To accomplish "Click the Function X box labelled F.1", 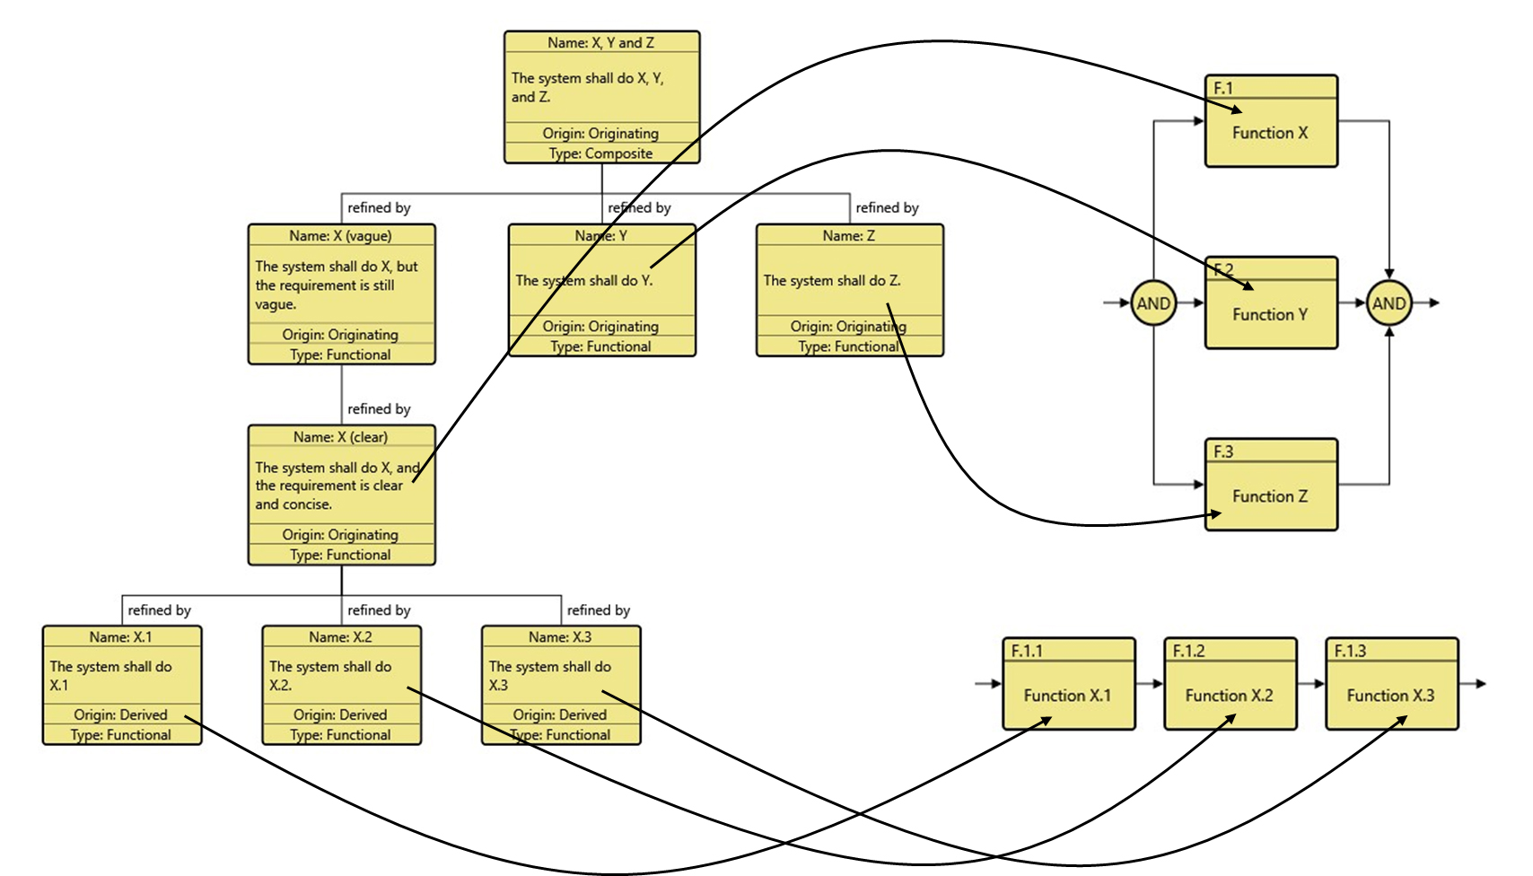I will [x=1270, y=132].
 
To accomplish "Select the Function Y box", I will [x=1270, y=314].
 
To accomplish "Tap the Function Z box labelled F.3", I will [x=1270, y=495].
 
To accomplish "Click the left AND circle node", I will [x=1152, y=303].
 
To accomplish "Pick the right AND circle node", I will [x=1388, y=303].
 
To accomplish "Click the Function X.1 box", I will [x=1068, y=695].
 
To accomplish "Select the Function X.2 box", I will [x=1230, y=695].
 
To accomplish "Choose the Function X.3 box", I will [x=1391, y=695].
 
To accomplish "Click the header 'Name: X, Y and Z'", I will [x=600, y=42].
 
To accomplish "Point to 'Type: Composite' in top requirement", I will [x=600, y=153].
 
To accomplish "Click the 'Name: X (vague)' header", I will [x=340, y=236].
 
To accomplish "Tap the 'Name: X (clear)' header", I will [x=340, y=437].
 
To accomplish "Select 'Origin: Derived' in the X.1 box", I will [x=120, y=714].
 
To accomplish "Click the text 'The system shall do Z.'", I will [x=832, y=280].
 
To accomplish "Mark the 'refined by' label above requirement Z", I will [x=887, y=207].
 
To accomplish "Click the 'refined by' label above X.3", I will [x=599, y=610].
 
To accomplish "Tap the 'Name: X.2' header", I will [x=340, y=637].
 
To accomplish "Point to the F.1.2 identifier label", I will [x=1188, y=651].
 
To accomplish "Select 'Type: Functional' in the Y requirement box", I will [x=600, y=346].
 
